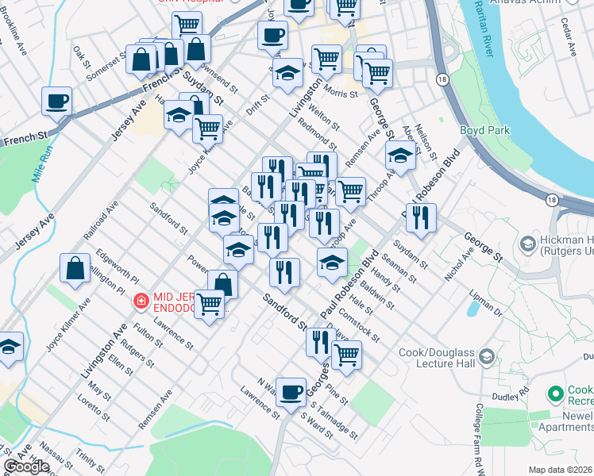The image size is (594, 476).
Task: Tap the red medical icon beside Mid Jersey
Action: tap(141, 301)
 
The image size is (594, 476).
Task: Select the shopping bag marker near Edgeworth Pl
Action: tap(74, 268)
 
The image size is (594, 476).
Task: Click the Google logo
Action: tap(26, 467)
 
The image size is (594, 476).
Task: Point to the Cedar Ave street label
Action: tap(571, 40)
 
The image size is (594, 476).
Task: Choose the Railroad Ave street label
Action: tap(100, 221)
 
